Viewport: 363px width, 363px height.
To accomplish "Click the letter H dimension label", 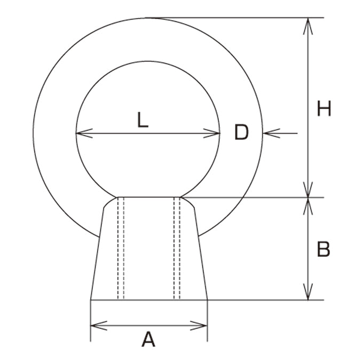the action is point(324,108).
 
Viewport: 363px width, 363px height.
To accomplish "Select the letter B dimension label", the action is point(323,249).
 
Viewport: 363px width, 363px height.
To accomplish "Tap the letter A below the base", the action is point(148,339).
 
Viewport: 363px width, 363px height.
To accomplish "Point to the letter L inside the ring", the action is point(143,120).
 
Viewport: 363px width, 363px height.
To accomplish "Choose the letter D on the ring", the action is point(241,132).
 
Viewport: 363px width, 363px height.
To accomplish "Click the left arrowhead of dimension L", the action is point(84,133).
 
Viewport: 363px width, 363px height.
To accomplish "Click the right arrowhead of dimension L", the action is point(211,133).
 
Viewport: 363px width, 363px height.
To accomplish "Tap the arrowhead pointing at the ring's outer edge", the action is point(272,133).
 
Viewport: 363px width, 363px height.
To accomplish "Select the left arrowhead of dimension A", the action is point(99,326).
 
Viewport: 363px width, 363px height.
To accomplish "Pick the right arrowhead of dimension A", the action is point(199,326).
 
